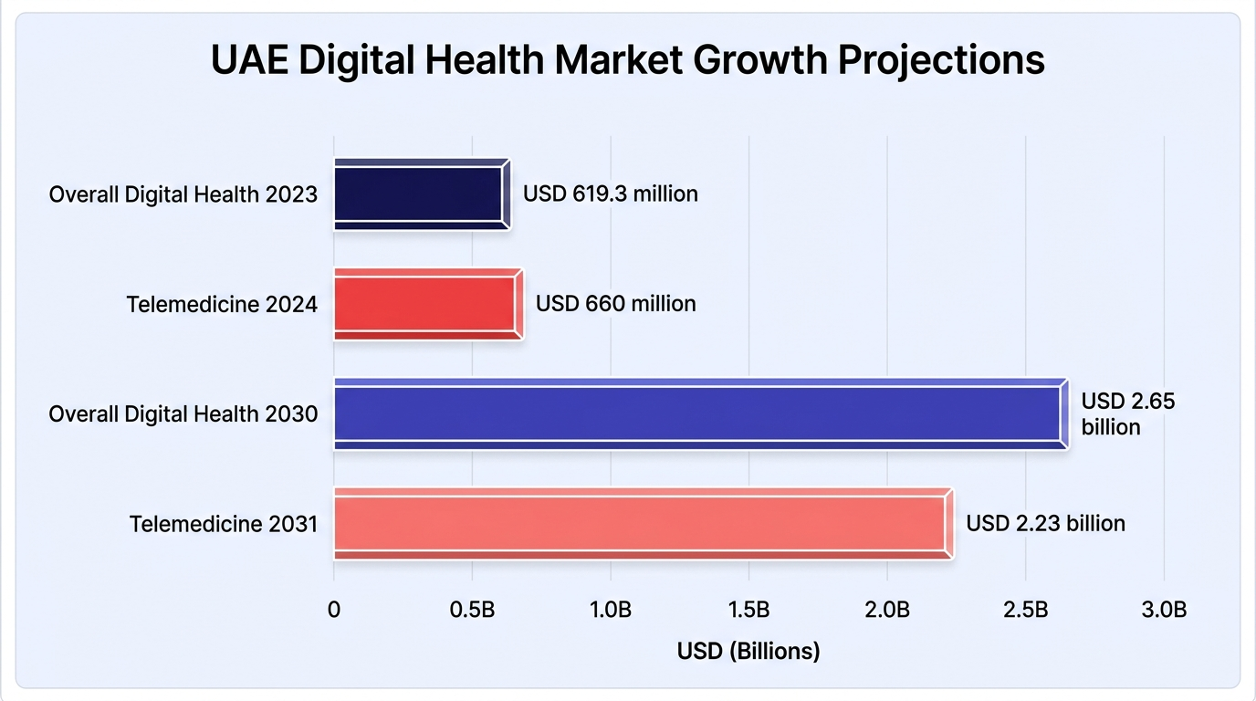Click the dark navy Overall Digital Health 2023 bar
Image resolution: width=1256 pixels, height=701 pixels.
[423, 194]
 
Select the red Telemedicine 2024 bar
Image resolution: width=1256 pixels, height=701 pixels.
[429, 304]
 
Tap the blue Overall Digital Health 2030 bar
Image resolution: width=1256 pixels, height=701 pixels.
[701, 413]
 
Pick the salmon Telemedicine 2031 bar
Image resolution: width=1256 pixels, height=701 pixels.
[644, 524]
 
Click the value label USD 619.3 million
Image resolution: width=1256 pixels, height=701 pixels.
[611, 194]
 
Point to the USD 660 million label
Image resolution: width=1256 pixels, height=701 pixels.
[615, 304]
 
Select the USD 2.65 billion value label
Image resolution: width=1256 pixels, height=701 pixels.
[1127, 413]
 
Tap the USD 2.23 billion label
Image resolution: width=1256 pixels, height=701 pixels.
[1046, 524]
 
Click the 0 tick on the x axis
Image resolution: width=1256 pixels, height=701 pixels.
[334, 610]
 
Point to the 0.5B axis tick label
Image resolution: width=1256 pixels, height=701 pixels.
[472, 610]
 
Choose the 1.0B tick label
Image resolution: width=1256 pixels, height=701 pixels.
[611, 610]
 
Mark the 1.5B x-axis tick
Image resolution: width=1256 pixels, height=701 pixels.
[749, 610]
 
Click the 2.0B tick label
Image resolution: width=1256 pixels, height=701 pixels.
[887, 610]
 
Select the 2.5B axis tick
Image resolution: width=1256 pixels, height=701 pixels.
[1026, 610]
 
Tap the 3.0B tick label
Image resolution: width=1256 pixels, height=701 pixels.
[1164, 610]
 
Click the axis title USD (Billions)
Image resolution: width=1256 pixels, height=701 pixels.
[748, 651]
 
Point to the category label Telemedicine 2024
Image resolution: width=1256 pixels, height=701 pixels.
[222, 305]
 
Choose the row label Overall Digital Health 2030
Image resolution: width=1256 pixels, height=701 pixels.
[183, 414]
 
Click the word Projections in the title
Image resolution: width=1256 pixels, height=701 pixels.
[941, 60]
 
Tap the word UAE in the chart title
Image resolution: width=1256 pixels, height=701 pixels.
[249, 59]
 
